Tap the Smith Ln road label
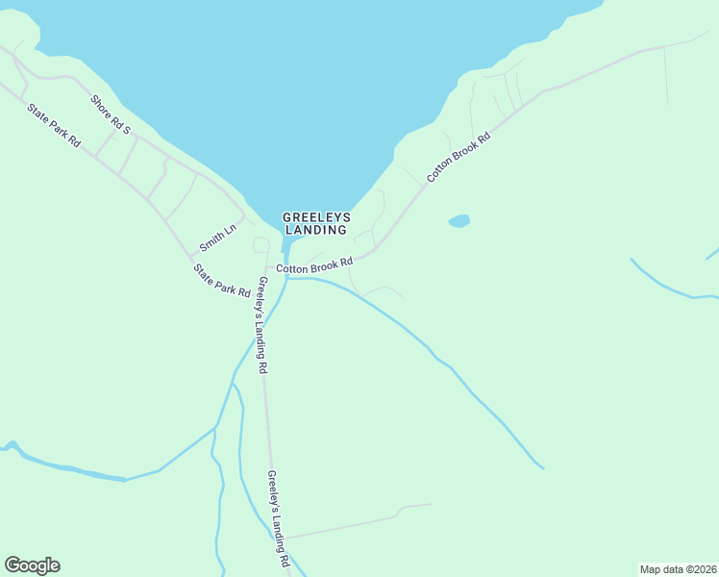(x=216, y=238)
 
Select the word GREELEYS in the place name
(x=316, y=217)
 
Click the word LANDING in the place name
(x=316, y=230)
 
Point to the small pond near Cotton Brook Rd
(x=459, y=221)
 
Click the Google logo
(x=32, y=565)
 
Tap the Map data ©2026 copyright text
(x=678, y=568)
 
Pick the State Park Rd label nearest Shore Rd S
(x=54, y=125)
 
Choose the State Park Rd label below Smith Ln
(x=222, y=280)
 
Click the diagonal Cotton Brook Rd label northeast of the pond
(x=459, y=157)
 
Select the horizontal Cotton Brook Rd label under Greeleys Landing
(x=314, y=264)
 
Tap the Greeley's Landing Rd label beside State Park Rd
(x=260, y=325)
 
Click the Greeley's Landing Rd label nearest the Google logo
(x=279, y=518)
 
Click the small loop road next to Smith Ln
(x=260, y=244)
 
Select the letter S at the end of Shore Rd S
(x=126, y=130)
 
